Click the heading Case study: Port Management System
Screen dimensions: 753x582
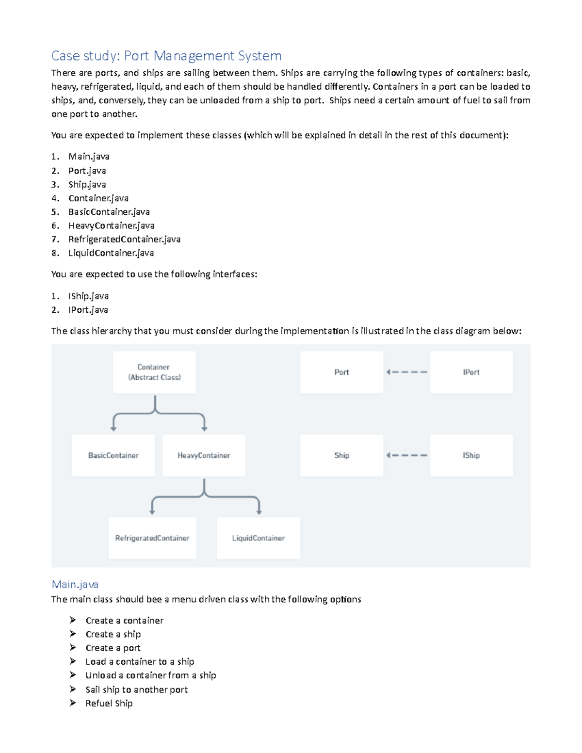point(166,56)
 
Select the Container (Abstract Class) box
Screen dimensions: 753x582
point(154,372)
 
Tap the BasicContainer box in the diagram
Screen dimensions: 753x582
point(113,455)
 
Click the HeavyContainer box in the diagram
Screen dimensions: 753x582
point(204,455)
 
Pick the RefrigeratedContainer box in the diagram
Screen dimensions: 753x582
point(152,538)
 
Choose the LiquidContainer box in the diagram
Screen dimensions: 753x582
point(258,538)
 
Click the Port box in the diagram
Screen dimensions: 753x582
point(341,372)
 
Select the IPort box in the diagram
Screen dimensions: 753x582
point(471,372)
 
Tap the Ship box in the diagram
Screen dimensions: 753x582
point(341,455)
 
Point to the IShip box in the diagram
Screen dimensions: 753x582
point(471,455)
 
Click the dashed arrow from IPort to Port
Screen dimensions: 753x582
point(406,372)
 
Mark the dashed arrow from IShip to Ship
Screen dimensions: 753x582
point(406,455)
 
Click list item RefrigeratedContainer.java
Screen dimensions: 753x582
point(124,239)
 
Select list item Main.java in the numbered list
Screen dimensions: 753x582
point(89,156)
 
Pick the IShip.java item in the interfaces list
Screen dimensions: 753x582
point(88,296)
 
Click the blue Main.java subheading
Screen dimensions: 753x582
point(75,584)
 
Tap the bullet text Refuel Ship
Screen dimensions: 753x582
point(109,703)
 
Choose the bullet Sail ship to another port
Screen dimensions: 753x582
point(136,689)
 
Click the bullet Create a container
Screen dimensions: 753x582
point(124,620)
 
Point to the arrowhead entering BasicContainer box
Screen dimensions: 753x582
point(113,429)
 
